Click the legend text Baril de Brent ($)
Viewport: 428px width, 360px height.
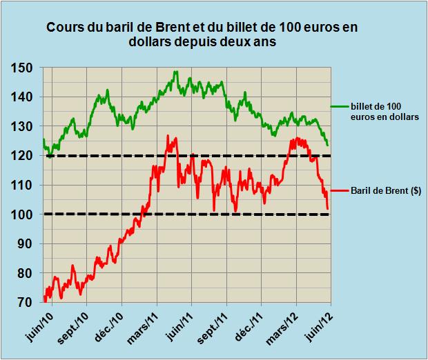(386, 190)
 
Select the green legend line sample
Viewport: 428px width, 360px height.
(339, 106)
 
